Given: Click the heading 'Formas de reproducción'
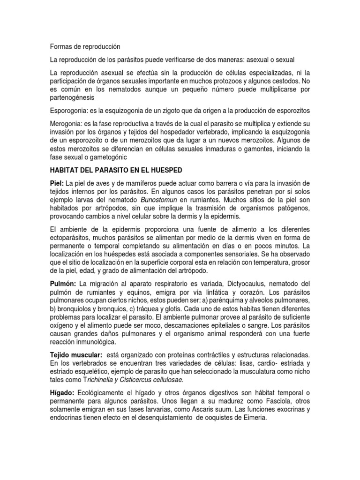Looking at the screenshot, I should [85, 47].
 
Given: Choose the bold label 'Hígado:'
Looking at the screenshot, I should [62, 391].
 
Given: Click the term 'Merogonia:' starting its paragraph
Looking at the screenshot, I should [67, 123].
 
